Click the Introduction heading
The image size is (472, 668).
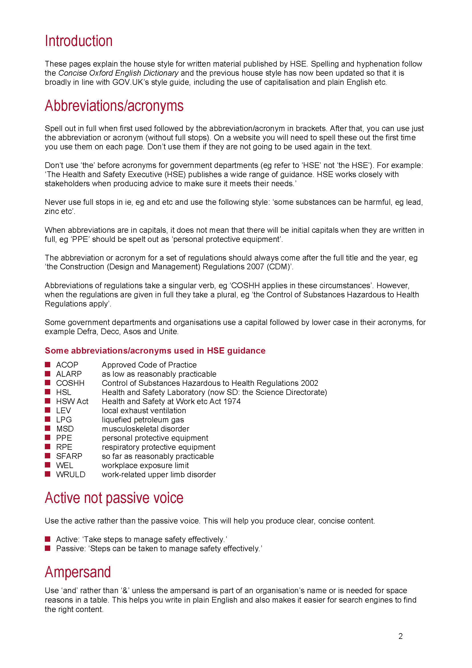79,41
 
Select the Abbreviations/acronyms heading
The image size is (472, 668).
114,106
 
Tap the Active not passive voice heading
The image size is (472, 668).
114,498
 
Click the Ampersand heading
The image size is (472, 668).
78,572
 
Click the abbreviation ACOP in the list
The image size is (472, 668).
67,365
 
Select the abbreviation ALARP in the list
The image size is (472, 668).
69,374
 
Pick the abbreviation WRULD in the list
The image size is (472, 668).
71,475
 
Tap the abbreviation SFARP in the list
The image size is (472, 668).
69,456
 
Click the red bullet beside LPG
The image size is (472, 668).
48,419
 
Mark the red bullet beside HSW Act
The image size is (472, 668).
48,401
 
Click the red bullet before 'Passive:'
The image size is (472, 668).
48,548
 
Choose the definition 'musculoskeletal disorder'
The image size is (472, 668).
145,429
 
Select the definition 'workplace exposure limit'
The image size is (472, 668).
145,466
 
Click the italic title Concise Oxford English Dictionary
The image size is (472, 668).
118,73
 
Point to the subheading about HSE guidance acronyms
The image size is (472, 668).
155,351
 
